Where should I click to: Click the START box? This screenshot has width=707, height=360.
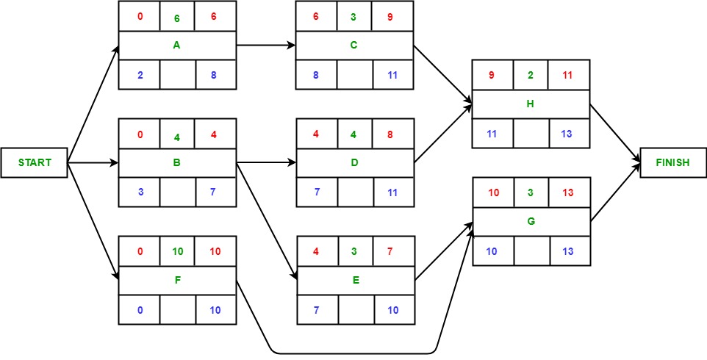click(x=35, y=162)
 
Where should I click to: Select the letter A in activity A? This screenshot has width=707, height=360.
click(x=177, y=45)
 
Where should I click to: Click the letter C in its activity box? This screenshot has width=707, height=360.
click(x=354, y=45)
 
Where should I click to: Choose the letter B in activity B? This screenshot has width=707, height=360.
click(x=177, y=162)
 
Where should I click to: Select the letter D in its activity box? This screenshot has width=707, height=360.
click(x=354, y=162)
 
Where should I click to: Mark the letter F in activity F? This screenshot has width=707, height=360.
click(x=177, y=280)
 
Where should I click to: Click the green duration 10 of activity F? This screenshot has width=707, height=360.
click(x=177, y=252)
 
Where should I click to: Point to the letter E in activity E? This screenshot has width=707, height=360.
click(x=354, y=280)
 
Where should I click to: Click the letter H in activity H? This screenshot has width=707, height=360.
click(x=531, y=104)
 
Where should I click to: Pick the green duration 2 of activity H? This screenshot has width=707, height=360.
click(x=531, y=75)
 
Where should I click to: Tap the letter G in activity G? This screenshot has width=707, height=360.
click(x=531, y=221)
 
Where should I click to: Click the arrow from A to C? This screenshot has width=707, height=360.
click(x=265, y=46)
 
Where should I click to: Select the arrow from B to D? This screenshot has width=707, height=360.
click(x=265, y=163)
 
